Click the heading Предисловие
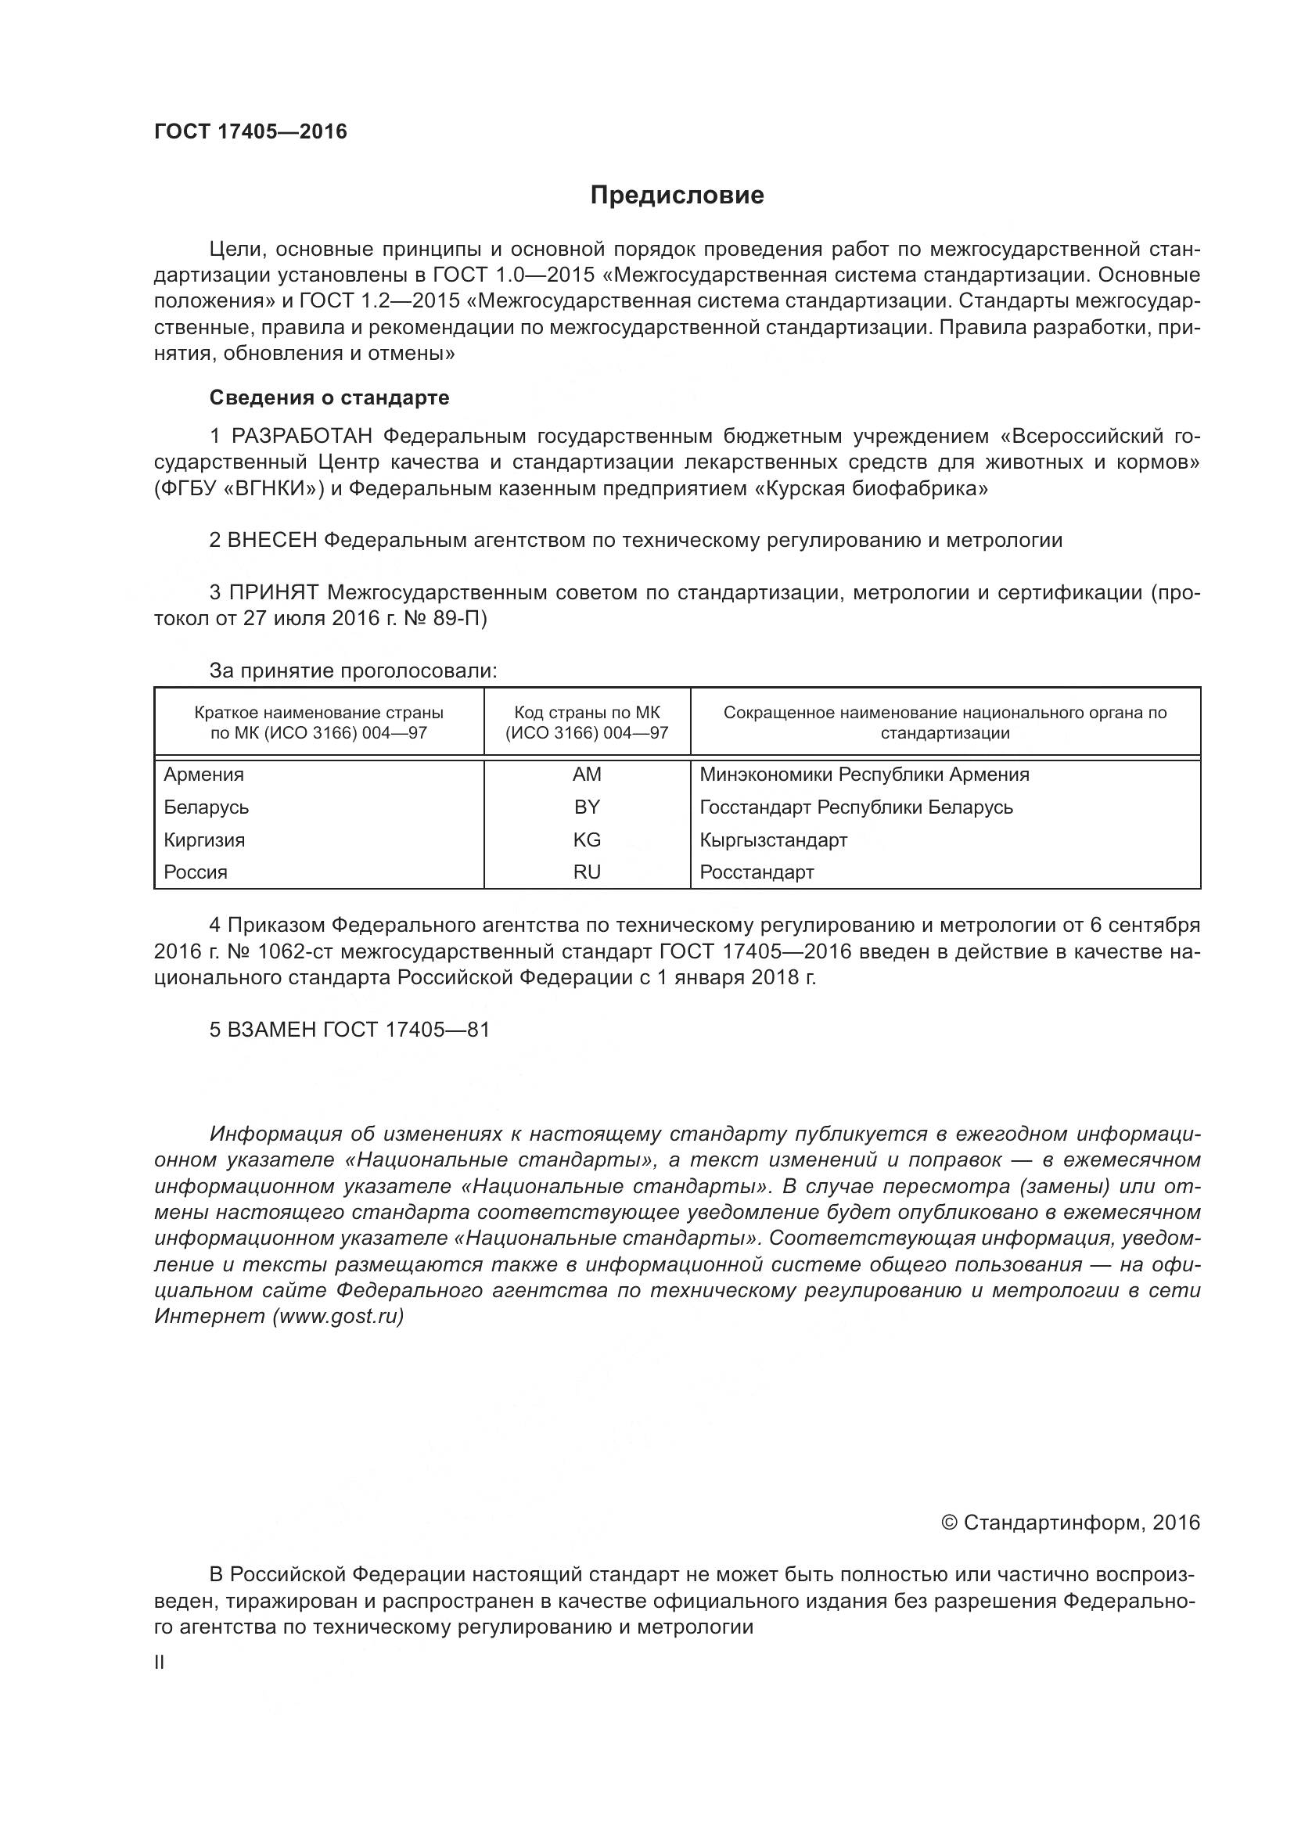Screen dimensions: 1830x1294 pos(677,196)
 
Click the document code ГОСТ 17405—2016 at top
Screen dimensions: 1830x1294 pos(250,131)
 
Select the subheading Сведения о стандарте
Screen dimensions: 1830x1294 pos(329,397)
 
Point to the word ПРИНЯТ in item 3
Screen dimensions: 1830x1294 pos(274,592)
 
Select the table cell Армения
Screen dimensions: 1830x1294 pos(204,775)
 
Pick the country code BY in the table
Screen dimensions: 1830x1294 pos(587,807)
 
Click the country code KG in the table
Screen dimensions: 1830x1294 pos(587,840)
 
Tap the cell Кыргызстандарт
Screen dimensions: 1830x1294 pos(773,840)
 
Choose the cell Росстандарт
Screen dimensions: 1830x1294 pos(757,872)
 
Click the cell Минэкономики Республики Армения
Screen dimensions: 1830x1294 pos(864,775)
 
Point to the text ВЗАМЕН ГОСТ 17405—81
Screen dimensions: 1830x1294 pos(349,1030)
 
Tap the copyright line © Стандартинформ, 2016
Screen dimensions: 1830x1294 pos(1070,1523)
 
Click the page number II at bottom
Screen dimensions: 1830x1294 pos(160,1663)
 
